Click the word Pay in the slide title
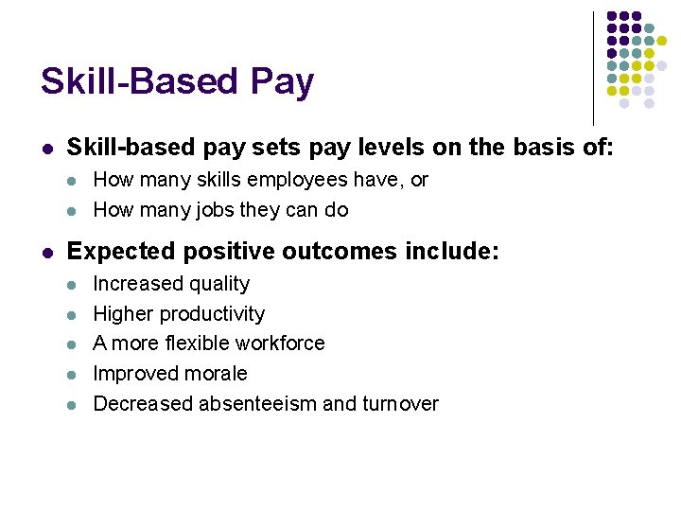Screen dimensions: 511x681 (x=282, y=83)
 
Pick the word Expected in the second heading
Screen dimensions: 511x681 (x=116, y=252)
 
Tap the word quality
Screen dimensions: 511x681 (x=218, y=284)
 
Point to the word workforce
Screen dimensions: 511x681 (x=280, y=343)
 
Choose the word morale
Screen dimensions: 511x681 (x=218, y=374)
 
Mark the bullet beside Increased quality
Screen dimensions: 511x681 (x=73, y=284)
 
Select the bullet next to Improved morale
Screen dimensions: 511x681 (x=73, y=374)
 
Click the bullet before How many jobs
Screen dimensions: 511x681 (x=73, y=210)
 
